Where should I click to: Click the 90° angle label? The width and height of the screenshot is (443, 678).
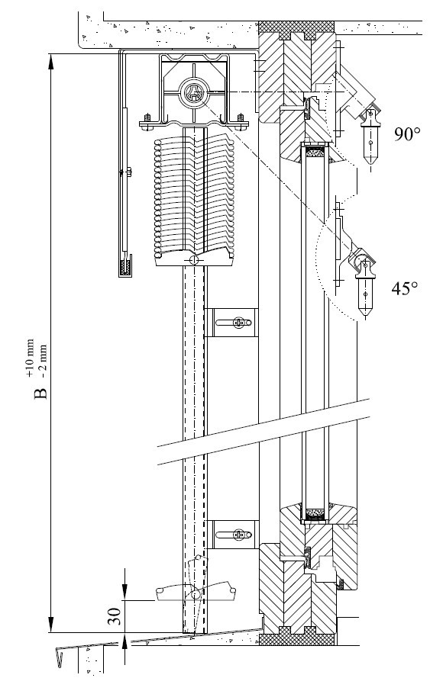tap(407, 134)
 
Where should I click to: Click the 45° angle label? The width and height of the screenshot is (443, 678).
tap(405, 288)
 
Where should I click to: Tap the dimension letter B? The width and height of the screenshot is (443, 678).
tap(40, 394)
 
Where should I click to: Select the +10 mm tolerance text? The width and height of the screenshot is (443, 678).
tap(30, 358)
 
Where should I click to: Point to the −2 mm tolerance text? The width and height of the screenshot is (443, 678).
tap(43, 361)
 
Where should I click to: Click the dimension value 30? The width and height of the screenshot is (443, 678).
tap(114, 616)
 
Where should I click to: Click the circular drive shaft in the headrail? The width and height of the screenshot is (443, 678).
tap(193, 92)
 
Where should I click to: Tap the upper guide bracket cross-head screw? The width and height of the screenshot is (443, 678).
tap(238, 322)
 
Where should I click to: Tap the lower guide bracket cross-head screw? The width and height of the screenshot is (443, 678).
tap(238, 535)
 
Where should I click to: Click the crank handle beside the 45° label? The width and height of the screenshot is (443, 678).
tap(365, 288)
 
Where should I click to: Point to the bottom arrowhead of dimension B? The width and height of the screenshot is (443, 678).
tap(50, 625)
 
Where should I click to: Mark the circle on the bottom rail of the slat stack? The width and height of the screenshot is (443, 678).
tap(193, 260)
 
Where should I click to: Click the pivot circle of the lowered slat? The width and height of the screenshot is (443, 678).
tap(196, 595)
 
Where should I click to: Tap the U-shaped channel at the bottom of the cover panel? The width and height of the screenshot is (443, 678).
tap(125, 269)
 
